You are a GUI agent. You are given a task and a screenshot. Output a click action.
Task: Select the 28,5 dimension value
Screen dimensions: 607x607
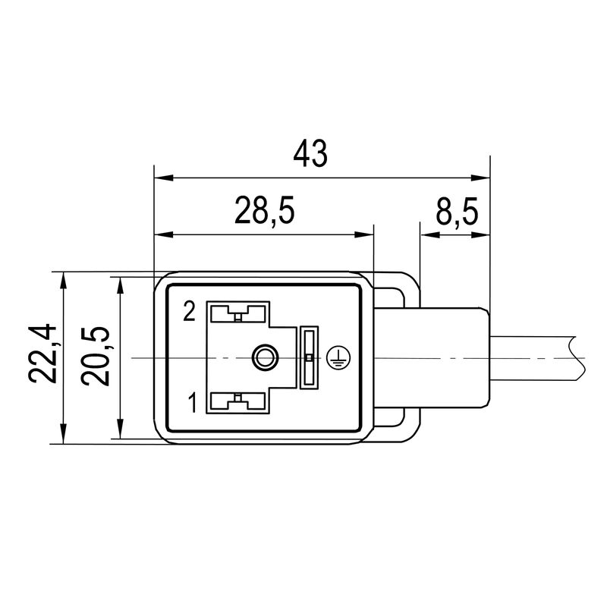point(263,212)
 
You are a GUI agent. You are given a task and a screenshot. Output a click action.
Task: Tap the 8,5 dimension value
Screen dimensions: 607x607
point(456,212)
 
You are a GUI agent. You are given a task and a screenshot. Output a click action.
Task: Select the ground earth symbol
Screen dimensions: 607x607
point(335,357)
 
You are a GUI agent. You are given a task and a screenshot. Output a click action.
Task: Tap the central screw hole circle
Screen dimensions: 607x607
point(265,357)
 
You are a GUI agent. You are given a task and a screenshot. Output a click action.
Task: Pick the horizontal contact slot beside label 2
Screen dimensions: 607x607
point(238,312)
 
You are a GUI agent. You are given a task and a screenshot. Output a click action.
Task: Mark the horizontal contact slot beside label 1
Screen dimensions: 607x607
point(238,402)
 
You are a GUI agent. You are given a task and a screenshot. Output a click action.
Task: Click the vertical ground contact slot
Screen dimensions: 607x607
point(308,357)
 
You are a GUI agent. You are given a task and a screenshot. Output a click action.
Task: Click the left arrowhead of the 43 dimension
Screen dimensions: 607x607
point(161,178)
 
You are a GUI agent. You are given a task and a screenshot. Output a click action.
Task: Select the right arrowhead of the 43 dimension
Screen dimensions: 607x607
point(483,178)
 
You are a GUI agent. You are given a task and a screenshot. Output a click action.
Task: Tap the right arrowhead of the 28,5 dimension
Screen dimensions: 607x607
point(367,234)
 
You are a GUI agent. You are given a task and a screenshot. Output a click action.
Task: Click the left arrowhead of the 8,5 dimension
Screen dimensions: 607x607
point(426,234)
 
